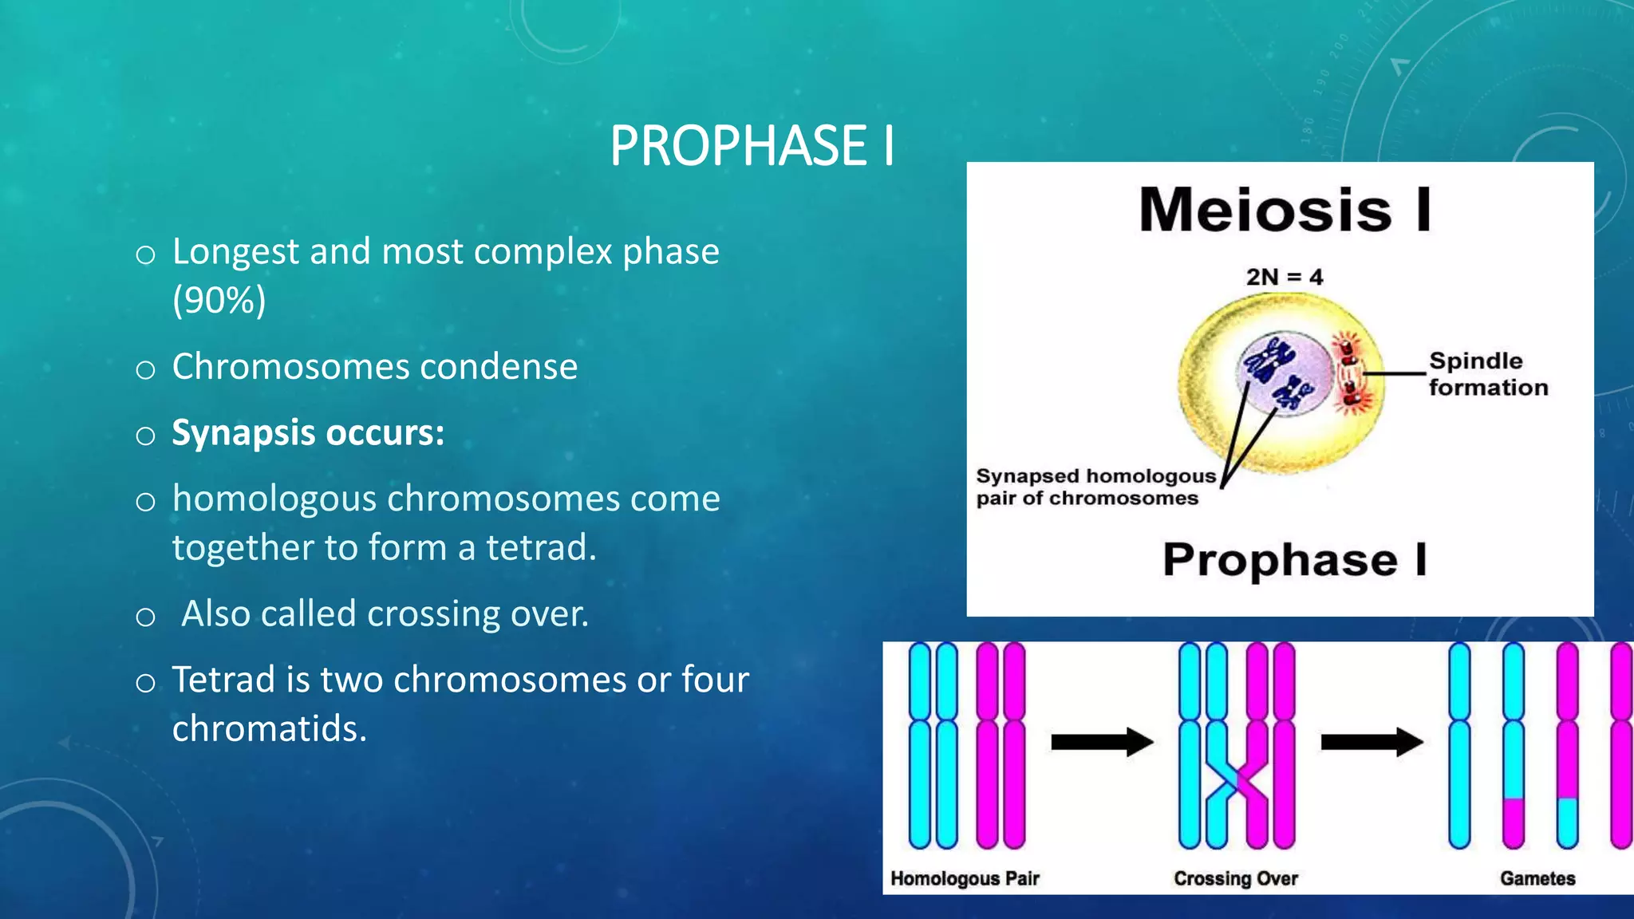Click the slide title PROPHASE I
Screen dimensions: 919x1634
752,146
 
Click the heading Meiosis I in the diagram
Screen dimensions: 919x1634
1285,210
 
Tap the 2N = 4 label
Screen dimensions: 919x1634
1284,277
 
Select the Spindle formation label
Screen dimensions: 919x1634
1487,373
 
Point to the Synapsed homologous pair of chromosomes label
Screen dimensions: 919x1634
1094,487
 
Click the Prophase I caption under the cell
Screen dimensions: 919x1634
1294,559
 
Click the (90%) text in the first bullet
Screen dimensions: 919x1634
219,301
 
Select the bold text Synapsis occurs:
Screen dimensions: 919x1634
308,433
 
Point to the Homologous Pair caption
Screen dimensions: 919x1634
965,878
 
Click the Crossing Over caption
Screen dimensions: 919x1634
1235,878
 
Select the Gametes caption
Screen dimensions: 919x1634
1537,878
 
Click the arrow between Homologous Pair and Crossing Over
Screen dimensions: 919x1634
1101,742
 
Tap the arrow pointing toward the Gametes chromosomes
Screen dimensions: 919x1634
1371,742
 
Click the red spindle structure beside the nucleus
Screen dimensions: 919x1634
1350,373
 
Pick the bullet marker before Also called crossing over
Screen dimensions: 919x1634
145,617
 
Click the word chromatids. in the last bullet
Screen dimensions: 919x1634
269,729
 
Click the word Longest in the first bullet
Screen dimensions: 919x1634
235,252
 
